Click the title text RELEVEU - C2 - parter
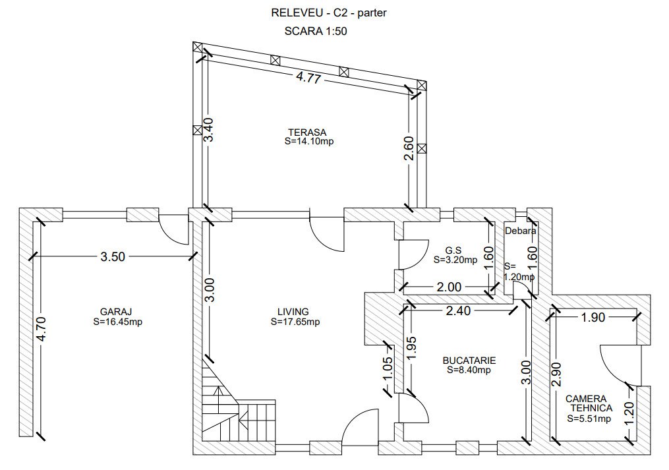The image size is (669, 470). coord(328,13)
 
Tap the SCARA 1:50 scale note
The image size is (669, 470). coord(315,31)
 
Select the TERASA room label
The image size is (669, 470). coord(307,132)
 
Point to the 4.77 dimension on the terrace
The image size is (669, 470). coord(308,78)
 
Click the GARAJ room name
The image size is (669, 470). coord(113,312)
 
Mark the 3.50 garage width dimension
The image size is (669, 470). coord(113,256)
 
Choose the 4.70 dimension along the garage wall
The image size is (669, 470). coord(42,329)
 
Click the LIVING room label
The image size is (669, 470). coord(293,312)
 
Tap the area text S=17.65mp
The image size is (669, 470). coord(295,322)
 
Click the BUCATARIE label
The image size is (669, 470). coord(469,361)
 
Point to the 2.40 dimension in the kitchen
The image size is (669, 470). coord(458,310)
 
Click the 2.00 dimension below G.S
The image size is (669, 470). coord(449,287)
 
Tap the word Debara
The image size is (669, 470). coord(521,231)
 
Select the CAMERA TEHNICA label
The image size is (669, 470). coord(589,403)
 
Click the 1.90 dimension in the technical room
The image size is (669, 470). coord(593,317)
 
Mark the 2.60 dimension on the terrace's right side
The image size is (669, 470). coord(409,148)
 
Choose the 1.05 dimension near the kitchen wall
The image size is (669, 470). coord(387,368)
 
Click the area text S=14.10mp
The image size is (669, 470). coord(309,142)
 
